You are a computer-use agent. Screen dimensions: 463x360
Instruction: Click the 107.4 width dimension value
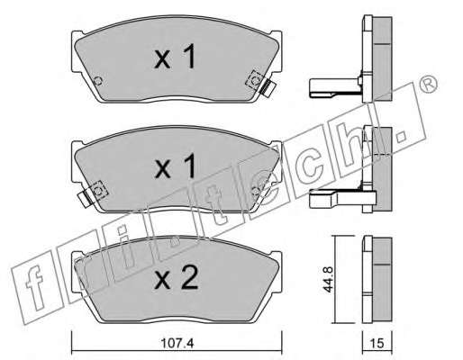click(x=177, y=343)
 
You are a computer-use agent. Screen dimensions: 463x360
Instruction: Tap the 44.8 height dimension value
click(x=329, y=280)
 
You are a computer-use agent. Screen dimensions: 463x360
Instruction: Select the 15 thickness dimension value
click(x=377, y=344)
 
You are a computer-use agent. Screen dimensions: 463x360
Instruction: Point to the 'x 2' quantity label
click(x=176, y=278)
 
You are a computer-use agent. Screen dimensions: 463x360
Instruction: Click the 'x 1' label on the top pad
click(x=175, y=56)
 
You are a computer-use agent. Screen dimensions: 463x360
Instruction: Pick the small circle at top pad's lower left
click(x=98, y=81)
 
